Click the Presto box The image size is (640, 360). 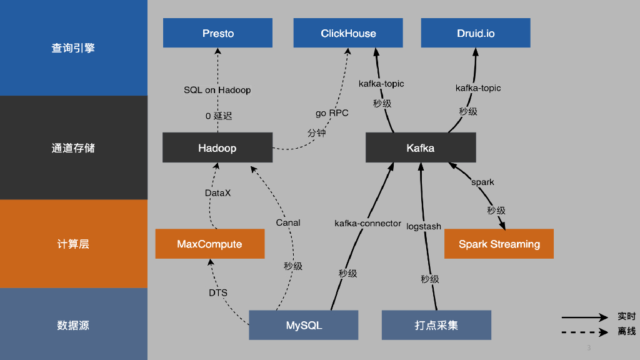(x=217, y=33)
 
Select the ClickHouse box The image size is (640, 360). (x=348, y=33)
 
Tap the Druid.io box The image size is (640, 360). (x=476, y=33)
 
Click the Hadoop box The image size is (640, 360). (x=217, y=148)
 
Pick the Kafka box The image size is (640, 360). (x=421, y=148)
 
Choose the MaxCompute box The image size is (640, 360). (x=209, y=244)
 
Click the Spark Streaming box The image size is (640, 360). (x=499, y=244)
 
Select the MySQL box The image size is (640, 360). (x=304, y=325)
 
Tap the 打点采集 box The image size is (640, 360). (x=436, y=325)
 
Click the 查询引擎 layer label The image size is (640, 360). (x=73, y=48)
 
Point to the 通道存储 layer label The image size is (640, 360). (x=73, y=148)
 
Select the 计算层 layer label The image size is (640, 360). (x=73, y=244)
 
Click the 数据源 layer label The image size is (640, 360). (x=73, y=325)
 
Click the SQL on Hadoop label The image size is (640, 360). (x=217, y=90)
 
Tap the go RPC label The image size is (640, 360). (x=332, y=113)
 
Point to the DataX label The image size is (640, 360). (x=217, y=193)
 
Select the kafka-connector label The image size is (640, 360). (x=367, y=223)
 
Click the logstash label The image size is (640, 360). (x=424, y=226)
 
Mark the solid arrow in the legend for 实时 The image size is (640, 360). (x=584, y=317)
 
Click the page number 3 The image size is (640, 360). (x=589, y=347)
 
